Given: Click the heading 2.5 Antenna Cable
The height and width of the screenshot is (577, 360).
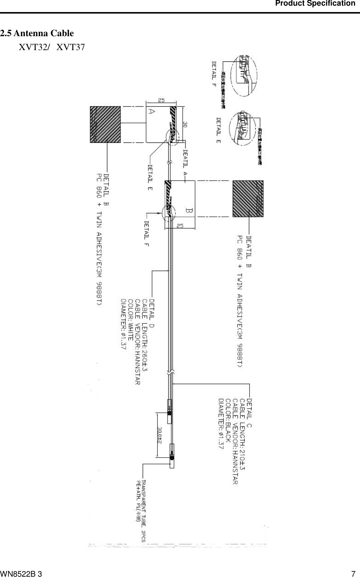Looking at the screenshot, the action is coord(37,34).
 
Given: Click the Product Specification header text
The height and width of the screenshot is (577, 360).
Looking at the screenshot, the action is coord(315,4).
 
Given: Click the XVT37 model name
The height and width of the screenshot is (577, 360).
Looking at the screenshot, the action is coord(71,47).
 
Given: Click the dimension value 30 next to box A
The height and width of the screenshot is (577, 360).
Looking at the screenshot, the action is coord(185,125).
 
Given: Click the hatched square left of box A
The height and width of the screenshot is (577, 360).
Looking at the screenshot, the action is coord(105,124).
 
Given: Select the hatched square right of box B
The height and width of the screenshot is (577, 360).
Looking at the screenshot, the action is coord(248,199).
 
